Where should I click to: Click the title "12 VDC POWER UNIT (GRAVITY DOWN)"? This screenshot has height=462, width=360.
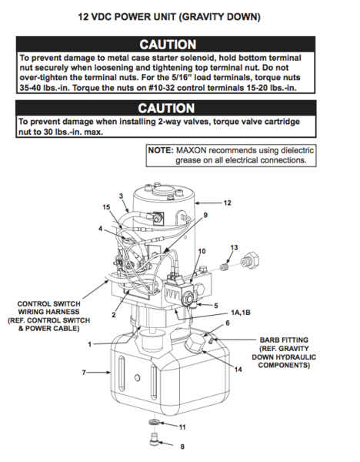point(179,15)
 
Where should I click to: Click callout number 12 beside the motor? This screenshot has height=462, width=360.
point(227,203)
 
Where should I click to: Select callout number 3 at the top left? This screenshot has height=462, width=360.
point(121,197)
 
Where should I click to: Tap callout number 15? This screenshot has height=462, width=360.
point(106,207)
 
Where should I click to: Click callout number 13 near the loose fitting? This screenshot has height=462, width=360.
point(234,246)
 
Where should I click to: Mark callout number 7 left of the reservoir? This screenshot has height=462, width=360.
point(83,373)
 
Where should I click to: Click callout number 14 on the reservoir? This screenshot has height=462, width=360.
point(238,370)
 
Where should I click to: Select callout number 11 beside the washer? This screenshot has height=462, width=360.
point(182,427)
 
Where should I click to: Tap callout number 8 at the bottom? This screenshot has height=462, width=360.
point(182,447)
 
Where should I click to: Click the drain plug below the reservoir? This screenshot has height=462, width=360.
point(152,442)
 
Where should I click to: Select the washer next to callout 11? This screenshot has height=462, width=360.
point(154,425)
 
